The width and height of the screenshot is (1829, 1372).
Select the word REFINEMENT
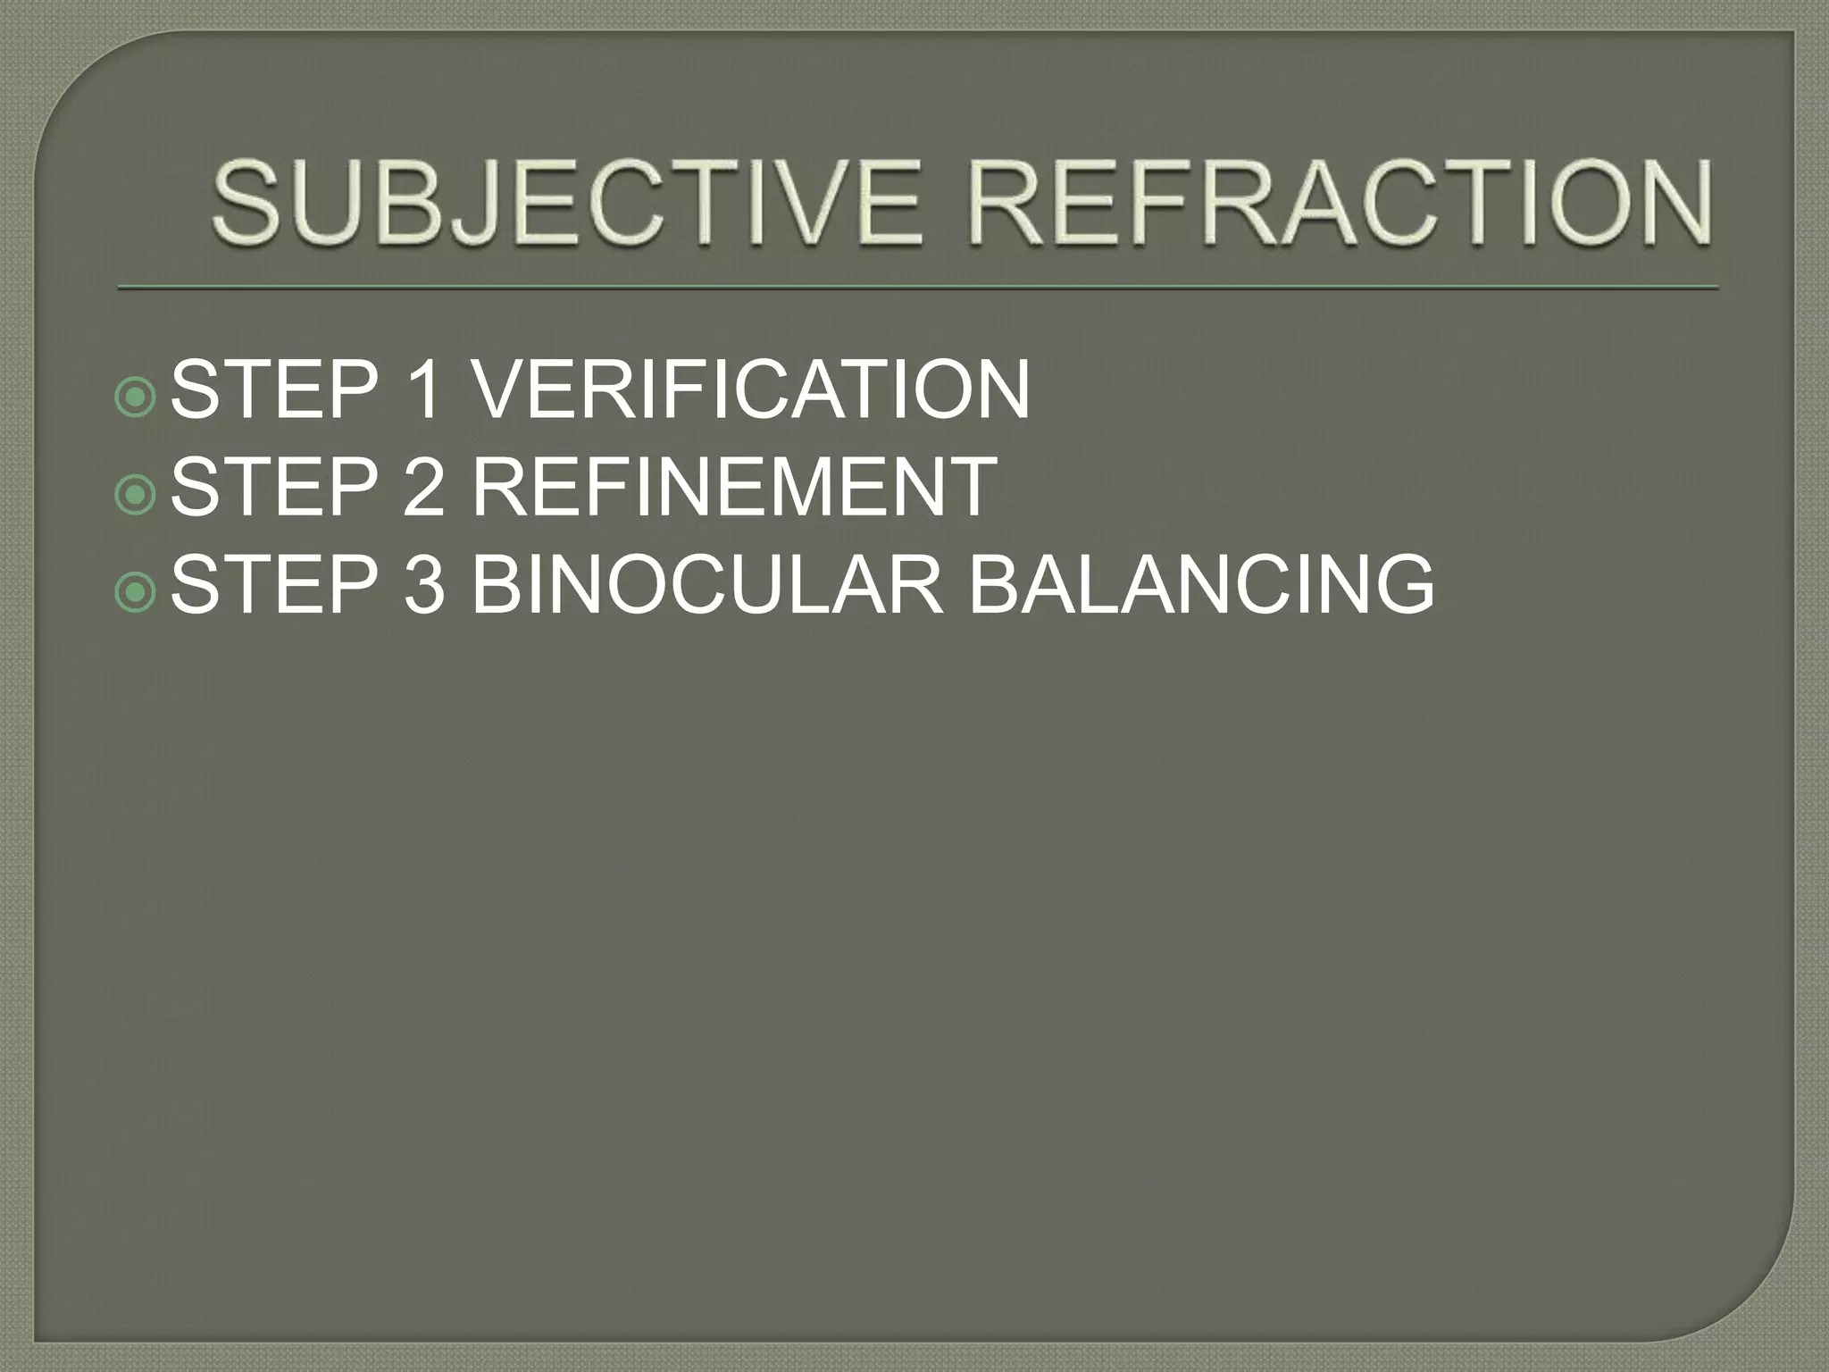pyautogui.click(x=733, y=487)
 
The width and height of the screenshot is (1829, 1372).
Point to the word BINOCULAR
pyautogui.click(x=706, y=585)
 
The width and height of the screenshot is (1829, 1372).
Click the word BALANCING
pyautogui.click(x=1201, y=585)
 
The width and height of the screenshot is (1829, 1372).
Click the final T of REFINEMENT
pyautogui.click(x=971, y=487)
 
